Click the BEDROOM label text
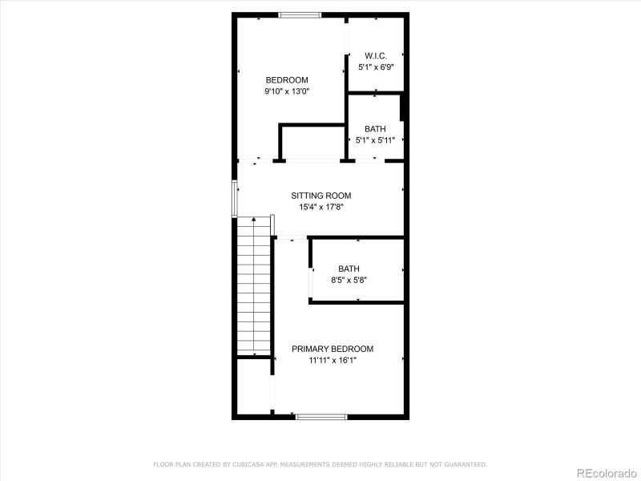click(x=287, y=80)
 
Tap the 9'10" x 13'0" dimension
click(x=287, y=91)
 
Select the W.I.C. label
click(x=376, y=56)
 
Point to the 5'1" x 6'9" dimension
click(x=376, y=67)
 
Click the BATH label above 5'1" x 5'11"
click(x=375, y=129)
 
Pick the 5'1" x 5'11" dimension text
click(x=375, y=140)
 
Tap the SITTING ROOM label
click(x=320, y=196)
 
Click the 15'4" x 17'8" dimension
click(x=320, y=207)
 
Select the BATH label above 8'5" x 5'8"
click(x=349, y=269)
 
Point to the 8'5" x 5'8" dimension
click(x=349, y=280)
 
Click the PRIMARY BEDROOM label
click(x=333, y=349)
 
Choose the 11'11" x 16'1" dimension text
click(x=333, y=360)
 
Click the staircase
click(x=254, y=286)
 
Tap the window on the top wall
click(x=300, y=14)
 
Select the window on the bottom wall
click(x=320, y=416)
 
